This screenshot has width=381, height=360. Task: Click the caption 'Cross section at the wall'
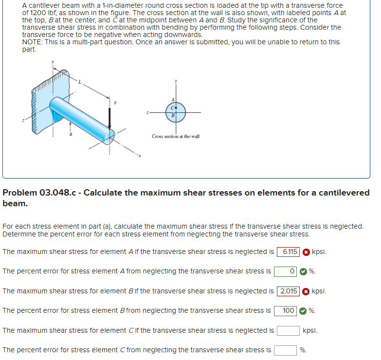coord(175,136)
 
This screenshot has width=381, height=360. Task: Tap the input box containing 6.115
coord(288,252)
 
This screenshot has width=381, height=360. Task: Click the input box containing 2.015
coord(288,291)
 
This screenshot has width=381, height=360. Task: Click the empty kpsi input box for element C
coord(288,331)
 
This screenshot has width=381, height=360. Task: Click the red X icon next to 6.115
coord(306,252)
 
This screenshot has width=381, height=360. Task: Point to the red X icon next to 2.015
coord(306,291)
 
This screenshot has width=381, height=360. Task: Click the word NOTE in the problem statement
coord(32,42)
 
